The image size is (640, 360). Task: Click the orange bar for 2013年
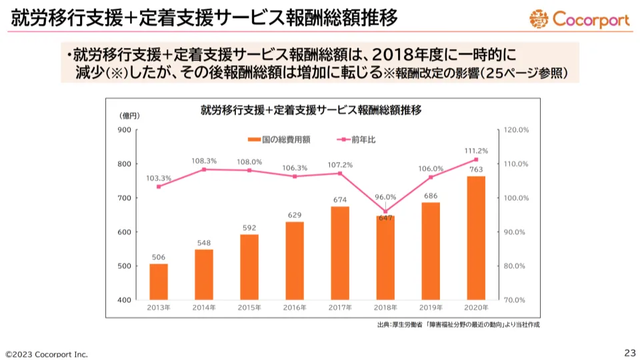pyautogui.click(x=159, y=282)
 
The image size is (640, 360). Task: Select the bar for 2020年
pyautogui.click(x=476, y=238)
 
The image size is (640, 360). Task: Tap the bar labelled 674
pyautogui.click(x=340, y=253)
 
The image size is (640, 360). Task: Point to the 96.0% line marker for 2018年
pyautogui.click(x=385, y=211)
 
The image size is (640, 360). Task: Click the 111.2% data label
pyautogui.click(x=476, y=151)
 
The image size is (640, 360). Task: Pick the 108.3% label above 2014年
pyautogui.click(x=204, y=161)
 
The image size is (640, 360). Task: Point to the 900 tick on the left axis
pyautogui.click(x=124, y=130)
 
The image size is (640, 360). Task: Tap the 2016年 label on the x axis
pyautogui.click(x=295, y=308)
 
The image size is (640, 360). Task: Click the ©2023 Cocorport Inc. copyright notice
pyautogui.click(x=47, y=353)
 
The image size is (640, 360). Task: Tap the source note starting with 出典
pyautogui.click(x=459, y=325)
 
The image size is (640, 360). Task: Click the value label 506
pyautogui.click(x=159, y=257)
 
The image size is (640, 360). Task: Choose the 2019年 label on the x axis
pyautogui.click(x=431, y=308)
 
